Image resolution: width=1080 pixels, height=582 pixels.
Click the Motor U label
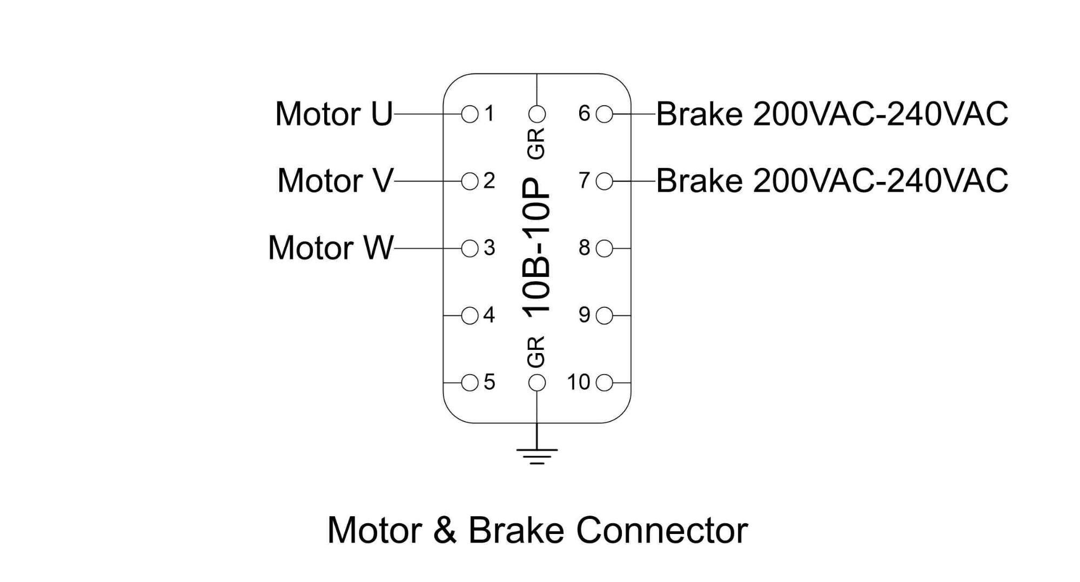pos(334,114)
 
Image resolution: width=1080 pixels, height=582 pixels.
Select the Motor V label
pos(335,180)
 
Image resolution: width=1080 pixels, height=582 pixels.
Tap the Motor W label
pos(331,248)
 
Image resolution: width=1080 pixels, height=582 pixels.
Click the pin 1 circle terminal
pos(470,114)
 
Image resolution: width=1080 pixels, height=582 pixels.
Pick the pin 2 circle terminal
pos(470,181)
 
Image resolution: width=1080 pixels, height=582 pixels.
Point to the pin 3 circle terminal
pos(470,248)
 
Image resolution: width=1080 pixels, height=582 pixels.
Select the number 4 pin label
pos(489,315)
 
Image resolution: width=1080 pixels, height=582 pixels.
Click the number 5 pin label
pos(489,382)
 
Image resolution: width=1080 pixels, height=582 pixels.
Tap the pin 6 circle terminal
pos(605,114)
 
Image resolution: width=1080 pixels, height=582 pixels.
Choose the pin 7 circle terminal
pos(605,181)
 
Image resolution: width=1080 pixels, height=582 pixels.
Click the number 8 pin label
pos(585,248)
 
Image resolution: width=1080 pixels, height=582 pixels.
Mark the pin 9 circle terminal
pos(605,316)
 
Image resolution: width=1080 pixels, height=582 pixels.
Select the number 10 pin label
pos(578,382)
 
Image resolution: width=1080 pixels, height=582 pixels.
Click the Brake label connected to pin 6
pos(832,114)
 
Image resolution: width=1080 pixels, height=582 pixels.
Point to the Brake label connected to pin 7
pos(832,180)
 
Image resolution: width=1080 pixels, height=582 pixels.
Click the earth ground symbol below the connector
pos(536,455)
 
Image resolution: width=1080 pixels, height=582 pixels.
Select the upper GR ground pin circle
pos(536,114)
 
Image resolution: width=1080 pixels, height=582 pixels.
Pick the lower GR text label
pos(536,352)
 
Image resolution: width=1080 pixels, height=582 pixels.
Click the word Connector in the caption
pos(662,530)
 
